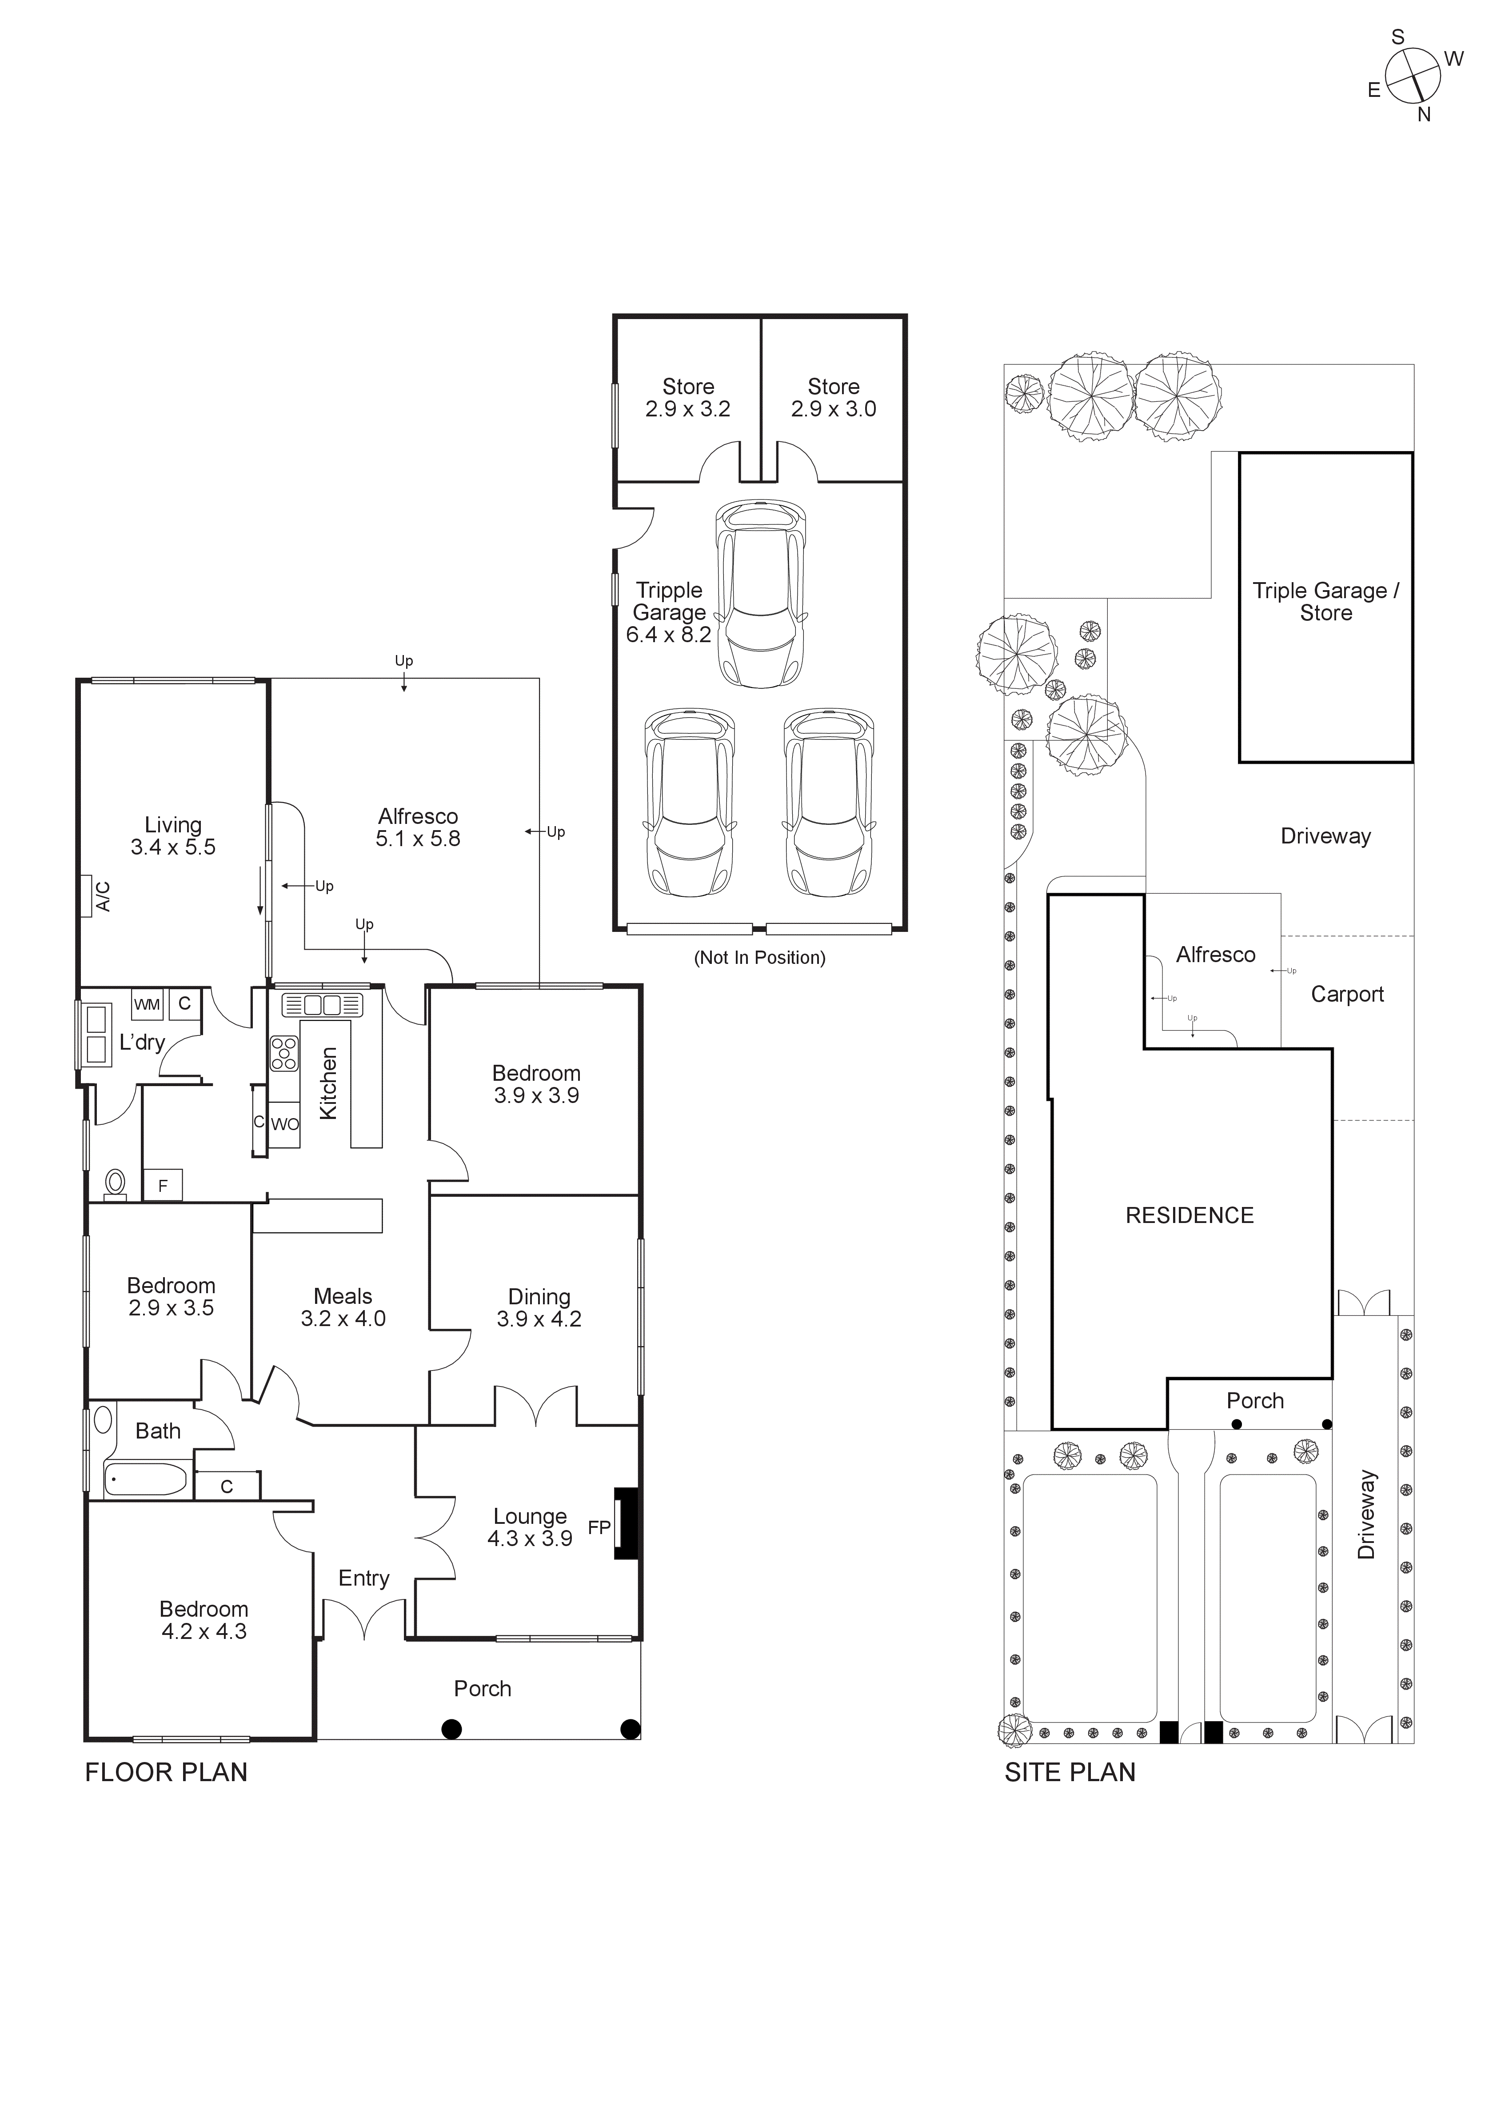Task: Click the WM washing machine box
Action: tap(147, 1004)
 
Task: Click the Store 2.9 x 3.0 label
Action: tap(834, 398)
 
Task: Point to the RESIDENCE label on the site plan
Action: tap(1189, 1215)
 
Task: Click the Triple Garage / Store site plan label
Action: tap(1326, 602)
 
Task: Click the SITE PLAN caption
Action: tap(1070, 1772)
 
